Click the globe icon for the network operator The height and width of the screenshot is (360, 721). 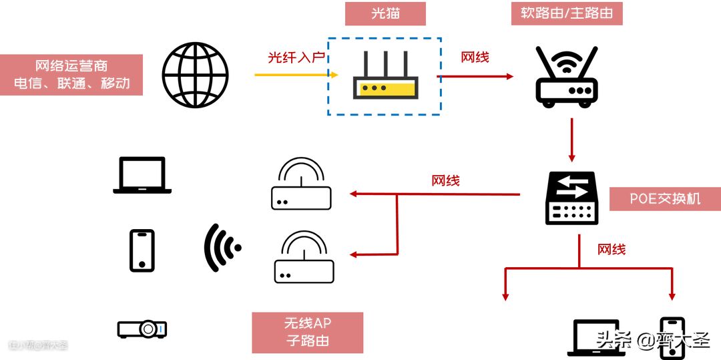click(195, 75)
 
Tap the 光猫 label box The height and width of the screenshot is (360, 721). click(385, 14)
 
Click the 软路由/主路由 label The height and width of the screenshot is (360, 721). click(567, 14)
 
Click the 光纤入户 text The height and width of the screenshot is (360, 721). click(296, 57)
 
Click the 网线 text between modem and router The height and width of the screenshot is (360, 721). click(475, 57)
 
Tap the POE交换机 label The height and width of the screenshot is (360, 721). click(665, 199)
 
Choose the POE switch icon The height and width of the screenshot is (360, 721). click(572, 198)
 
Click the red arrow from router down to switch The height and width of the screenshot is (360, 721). click(572, 140)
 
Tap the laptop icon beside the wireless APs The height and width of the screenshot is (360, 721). click(142, 175)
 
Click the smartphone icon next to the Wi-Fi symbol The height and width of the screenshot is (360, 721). click(142, 250)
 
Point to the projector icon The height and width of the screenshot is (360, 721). click(142, 329)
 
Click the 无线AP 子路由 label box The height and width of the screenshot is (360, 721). click(308, 332)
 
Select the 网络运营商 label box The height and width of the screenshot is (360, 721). click(71, 75)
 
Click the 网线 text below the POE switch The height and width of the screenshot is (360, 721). click(612, 250)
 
